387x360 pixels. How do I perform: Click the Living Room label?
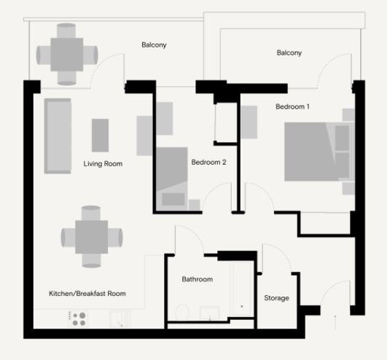(103, 164)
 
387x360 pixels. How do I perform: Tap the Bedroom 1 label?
(292, 106)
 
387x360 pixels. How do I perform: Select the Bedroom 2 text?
(208, 162)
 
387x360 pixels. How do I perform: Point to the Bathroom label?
(198, 279)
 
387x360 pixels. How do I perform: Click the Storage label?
(276, 298)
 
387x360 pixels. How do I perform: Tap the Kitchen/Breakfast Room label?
(87, 294)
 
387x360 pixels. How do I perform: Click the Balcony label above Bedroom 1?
(289, 52)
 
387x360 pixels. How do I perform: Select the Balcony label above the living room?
(154, 45)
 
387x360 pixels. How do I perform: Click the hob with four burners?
(78, 319)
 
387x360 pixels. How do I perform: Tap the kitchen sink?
(120, 319)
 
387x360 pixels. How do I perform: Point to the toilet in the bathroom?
(182, 313)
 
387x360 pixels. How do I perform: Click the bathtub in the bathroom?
(242, 289)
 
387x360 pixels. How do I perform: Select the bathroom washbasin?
(210, 313)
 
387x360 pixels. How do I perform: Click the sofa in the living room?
(58, 136)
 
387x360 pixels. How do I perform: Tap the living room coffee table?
(100, 136)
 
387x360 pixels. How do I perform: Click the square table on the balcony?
(67, 55)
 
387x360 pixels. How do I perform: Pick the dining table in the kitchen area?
(92, 237)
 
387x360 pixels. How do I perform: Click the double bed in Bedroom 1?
(320, 152)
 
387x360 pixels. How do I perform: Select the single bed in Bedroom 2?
(172, 179)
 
